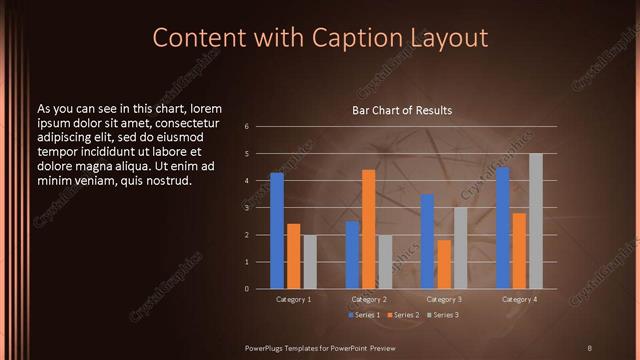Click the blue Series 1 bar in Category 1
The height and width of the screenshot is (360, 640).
coord(277,231)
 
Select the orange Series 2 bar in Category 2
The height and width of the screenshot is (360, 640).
coord(368,229)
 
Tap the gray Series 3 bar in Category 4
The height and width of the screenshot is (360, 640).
coord(536,221)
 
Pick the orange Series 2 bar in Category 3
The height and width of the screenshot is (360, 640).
coord(444,264)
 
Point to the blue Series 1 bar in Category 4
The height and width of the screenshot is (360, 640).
coord(503,228)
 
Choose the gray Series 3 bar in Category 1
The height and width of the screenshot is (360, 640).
coord(310,262)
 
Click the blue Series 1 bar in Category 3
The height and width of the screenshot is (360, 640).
coord(428,241)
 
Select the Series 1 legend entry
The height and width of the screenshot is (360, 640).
coord(362,315)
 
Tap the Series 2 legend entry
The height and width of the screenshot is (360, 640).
coord(403,315)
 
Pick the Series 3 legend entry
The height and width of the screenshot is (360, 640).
coord(443,315)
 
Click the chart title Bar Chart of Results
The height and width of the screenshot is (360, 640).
coord(402,110)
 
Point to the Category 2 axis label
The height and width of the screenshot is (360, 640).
coord(369,299)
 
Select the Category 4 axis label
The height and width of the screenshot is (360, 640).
coord(519,299)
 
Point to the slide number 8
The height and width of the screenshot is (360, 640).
coord(589,347)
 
